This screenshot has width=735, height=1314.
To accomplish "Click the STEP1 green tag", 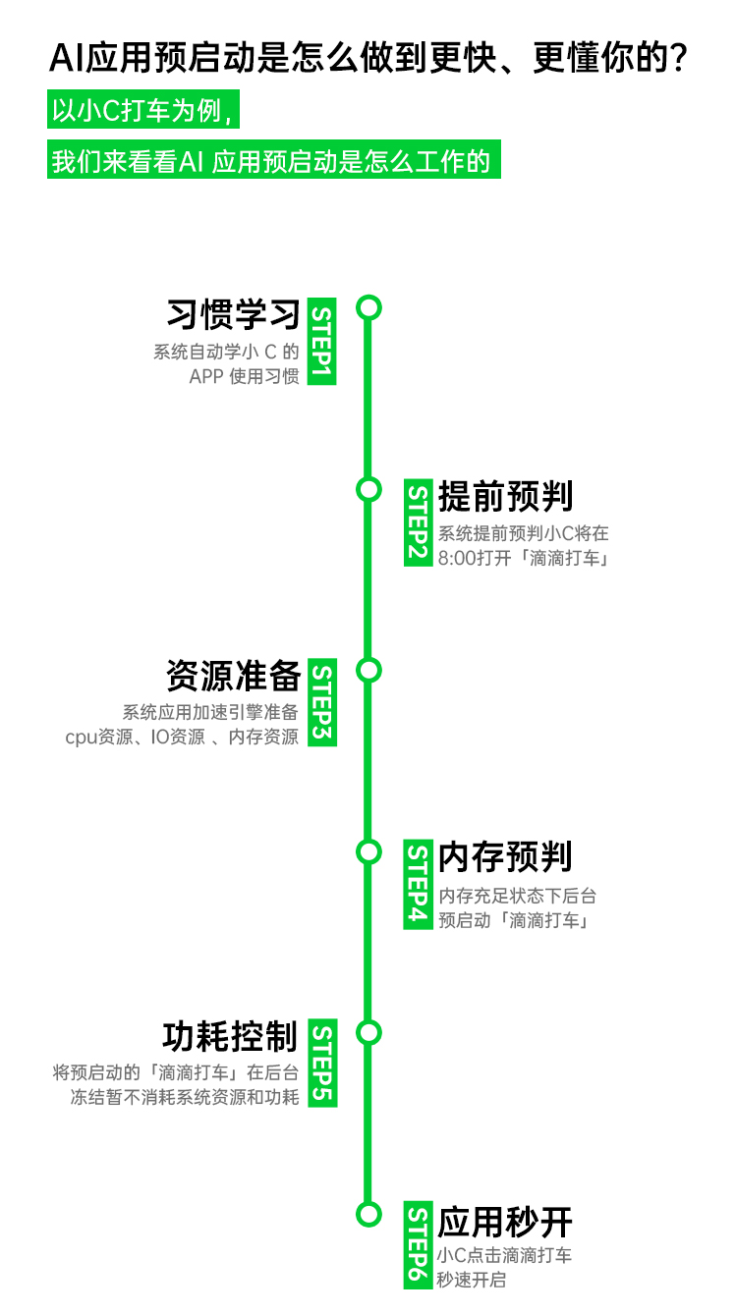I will [322, 341].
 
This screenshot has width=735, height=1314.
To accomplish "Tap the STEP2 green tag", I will [419, 521].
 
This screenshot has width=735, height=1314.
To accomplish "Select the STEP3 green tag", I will [322, 702].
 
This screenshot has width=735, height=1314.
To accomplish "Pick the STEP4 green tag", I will [419, 884].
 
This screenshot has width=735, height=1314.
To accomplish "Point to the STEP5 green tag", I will [322, 1064].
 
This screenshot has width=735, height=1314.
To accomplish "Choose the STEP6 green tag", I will [419, 1245].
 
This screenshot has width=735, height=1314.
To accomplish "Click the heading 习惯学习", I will [233, 315].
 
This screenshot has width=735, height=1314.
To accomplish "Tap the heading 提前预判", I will [505, 497].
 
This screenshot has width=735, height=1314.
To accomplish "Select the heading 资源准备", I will [233, 677].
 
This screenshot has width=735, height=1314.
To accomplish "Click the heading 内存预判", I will [505, 857].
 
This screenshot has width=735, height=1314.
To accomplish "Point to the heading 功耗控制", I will [230, 1037].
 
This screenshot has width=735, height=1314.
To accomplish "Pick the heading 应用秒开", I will [505, 1223].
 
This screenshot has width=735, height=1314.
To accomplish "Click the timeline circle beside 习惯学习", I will [368, 308].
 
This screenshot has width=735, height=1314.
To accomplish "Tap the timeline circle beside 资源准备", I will [368, 670].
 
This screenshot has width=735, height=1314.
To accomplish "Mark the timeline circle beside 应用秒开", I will [368, 1214].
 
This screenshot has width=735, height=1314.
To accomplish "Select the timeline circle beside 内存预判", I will [368, 851].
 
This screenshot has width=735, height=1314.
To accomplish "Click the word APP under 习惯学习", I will [205, 376].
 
